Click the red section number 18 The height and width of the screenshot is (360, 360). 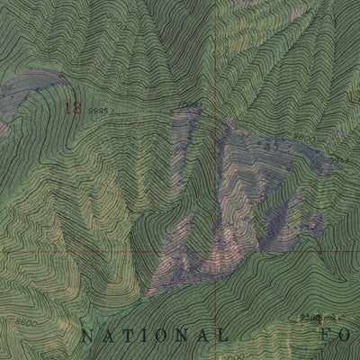pos(73,107)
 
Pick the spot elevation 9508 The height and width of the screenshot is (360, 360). pos(311,317)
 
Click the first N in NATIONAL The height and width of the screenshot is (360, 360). pos(86,336)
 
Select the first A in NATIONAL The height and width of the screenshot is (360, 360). pos(105,336)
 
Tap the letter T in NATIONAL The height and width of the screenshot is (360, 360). pos(124,336)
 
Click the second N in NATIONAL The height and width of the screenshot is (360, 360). pos(181,336)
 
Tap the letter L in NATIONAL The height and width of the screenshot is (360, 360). pos(220,336)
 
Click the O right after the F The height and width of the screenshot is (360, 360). pos(343,336)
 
